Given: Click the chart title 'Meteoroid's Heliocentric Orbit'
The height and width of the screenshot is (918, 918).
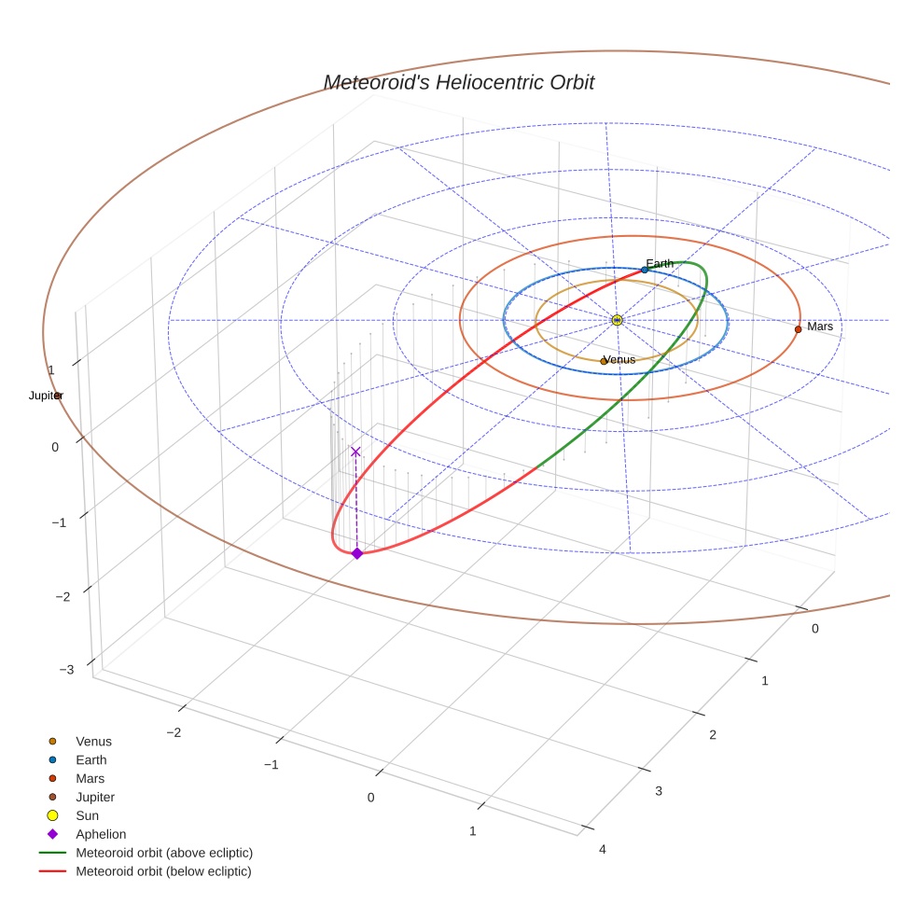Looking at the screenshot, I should tap(458, 83).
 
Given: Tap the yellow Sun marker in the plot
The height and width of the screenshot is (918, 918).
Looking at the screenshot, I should tap(617, 320).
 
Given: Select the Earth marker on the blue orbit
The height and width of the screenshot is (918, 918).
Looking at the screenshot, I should tap(645, 270).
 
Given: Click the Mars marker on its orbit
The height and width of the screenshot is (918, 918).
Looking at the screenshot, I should tap(798, 329).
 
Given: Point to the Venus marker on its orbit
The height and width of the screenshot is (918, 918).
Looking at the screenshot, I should tap(604, 361).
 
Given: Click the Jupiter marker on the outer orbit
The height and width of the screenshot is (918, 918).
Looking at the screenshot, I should tap(58, 396).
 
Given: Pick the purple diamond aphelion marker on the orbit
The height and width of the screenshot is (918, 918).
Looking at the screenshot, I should tap(356, 553).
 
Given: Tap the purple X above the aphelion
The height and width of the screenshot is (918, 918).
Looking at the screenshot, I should tap(355, 452).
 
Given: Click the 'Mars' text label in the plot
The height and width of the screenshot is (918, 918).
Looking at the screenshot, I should tap(820, 327).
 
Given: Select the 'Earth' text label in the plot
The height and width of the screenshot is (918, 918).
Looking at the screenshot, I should tap(660, 264).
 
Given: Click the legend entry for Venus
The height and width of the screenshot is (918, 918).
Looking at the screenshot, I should tap(93, 742).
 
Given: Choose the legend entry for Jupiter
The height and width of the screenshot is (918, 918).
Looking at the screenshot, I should tap(95, 797).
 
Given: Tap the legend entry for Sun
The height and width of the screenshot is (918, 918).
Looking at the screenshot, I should tap(87, 815).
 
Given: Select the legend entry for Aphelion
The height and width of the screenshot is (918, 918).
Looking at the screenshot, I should tap(101, 834).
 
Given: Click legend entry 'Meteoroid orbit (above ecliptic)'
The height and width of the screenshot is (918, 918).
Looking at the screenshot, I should tap(164, 853).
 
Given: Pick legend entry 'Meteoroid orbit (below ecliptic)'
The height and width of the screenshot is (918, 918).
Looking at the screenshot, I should tap(163, 871).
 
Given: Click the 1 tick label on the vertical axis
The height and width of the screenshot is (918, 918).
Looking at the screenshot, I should tap(51, 370).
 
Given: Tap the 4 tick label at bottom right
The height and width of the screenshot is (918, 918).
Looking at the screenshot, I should tap(602, 848).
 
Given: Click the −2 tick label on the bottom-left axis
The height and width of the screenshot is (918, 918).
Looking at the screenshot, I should tap(173, 732).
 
